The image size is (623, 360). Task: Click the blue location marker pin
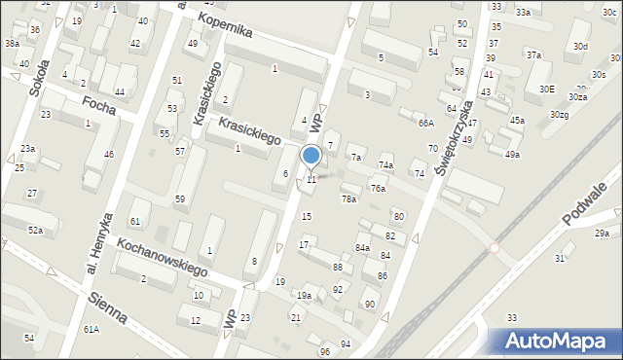[311, 156]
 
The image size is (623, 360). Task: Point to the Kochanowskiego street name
[161, 255]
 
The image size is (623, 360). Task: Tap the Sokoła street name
[38, 82]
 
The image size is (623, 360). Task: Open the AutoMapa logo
[554, 341]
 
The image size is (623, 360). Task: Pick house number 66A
[425, 123]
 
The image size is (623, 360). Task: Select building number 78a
[348, 198]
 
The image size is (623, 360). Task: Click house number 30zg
[558, 115]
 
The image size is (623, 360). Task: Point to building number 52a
[35, 231]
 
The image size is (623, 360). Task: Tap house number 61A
[91, 330]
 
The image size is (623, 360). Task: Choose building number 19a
[305, 295]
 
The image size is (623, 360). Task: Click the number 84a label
[362, 248]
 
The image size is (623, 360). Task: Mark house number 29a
[603, 234]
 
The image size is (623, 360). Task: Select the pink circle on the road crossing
[494, 247]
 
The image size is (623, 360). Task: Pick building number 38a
[12, 44]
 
